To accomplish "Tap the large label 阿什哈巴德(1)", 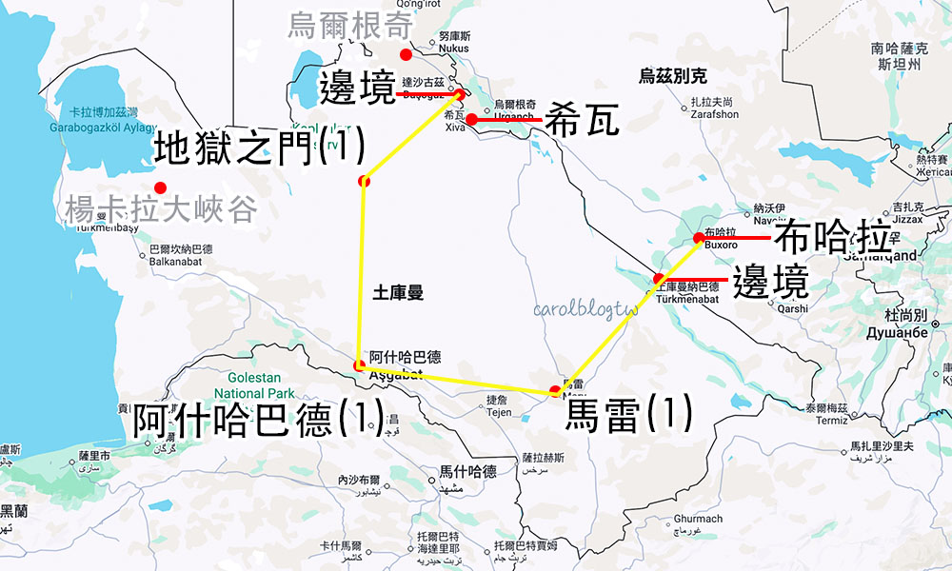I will (258, 420).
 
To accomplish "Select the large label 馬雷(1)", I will (627, 414).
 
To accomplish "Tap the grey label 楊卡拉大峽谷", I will (161, 210).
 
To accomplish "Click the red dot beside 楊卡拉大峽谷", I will (160, 187).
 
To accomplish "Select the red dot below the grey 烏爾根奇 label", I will (406, 54).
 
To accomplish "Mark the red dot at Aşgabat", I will (359, 365).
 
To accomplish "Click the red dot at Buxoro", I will (699, 237).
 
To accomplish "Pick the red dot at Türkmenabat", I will (659, 279).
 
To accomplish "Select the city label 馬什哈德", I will (467, 471).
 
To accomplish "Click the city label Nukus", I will (455, 49).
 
